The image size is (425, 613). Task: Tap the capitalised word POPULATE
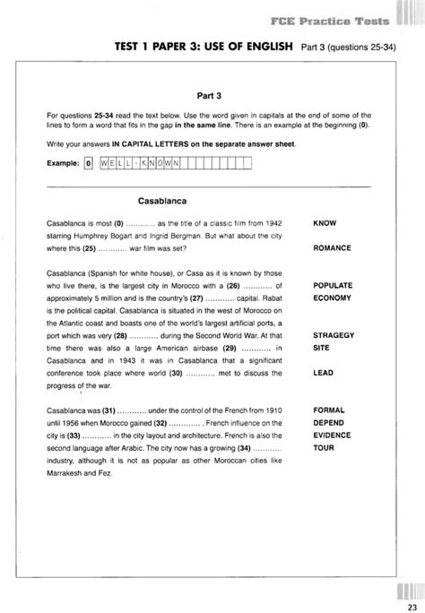point(332,285)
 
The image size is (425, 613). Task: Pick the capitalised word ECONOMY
point(332,298)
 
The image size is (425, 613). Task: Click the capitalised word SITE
point(321,346)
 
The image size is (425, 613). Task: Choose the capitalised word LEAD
point(323,371)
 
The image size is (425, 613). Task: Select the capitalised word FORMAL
point(327,409)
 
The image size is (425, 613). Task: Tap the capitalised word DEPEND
point(327,421)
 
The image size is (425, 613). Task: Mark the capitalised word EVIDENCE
point(332,433)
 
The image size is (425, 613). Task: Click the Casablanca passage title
point(168,201)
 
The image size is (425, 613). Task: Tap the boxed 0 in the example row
point(87,162)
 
